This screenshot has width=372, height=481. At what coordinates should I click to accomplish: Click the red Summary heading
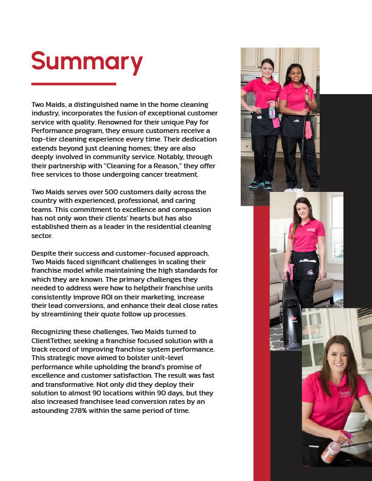point(87,62)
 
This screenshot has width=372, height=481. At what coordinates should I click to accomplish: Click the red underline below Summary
point(73,84)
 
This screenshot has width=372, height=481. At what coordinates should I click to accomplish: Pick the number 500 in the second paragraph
point(103,192)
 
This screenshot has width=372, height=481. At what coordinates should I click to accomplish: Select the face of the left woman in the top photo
point(267,69)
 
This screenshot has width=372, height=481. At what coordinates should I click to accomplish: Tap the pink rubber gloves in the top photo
point(308,129)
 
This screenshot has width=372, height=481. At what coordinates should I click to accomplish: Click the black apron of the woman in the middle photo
point(304,265)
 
